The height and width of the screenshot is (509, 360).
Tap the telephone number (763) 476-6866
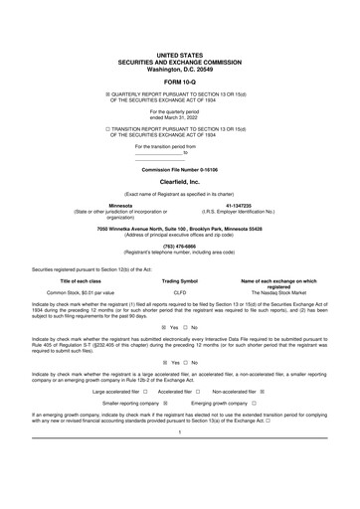tap(179, 247)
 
